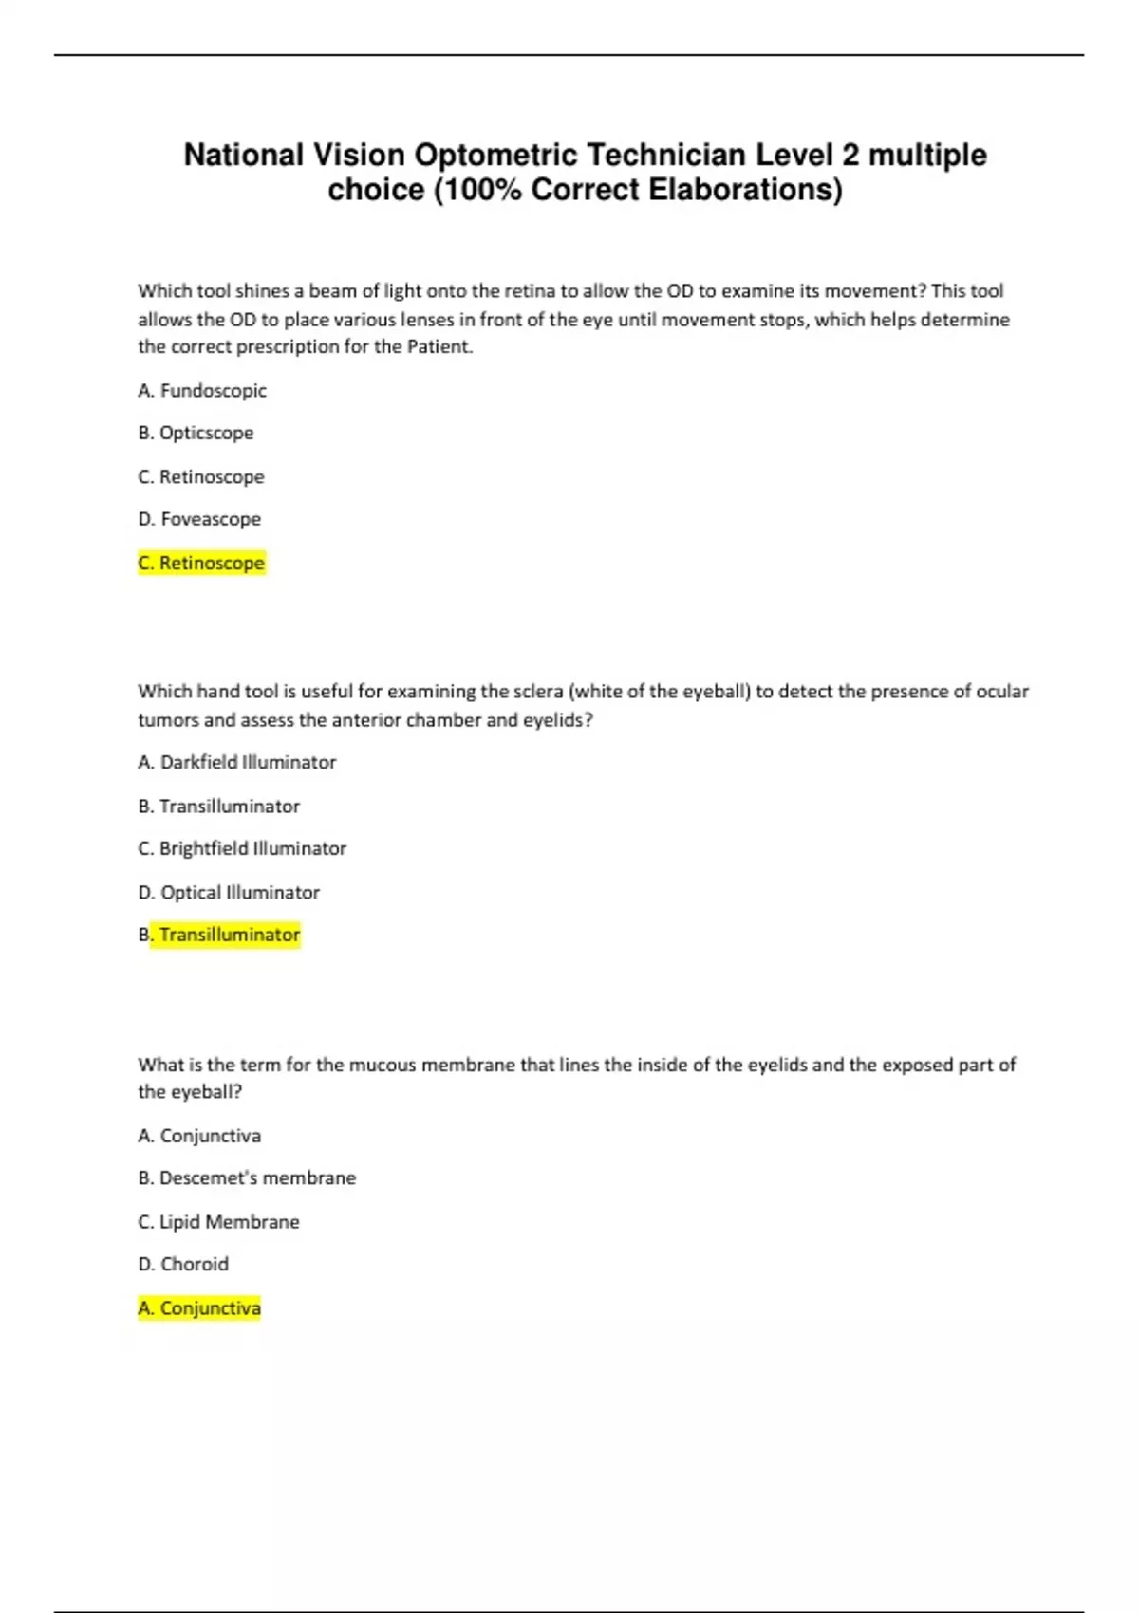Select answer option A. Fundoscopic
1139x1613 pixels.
(x=202, y=390)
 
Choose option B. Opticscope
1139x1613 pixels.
(x=196, y=433)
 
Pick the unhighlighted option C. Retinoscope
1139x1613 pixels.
(x=201, y=476)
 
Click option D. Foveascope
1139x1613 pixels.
(x=199, y=519)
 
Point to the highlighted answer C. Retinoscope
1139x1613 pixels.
(x=201, y=563)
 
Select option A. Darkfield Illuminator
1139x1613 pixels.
(x=237, y=762)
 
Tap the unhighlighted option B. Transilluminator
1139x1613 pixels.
(x=219, y=806)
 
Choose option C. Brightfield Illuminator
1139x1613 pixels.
(x=242, y=848)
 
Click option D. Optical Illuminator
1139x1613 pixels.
(x=229, y=892)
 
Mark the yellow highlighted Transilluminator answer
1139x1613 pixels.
(x=229, y=935)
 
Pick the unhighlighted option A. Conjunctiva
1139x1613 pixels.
(x=199, y=1135)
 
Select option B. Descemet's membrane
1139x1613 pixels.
(x=247, y=1177)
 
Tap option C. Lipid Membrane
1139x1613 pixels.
(x=218, y=1221)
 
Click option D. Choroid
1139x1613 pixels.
(x=183, y=1264)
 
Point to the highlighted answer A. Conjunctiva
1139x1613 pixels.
(x=199, y=1307)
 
